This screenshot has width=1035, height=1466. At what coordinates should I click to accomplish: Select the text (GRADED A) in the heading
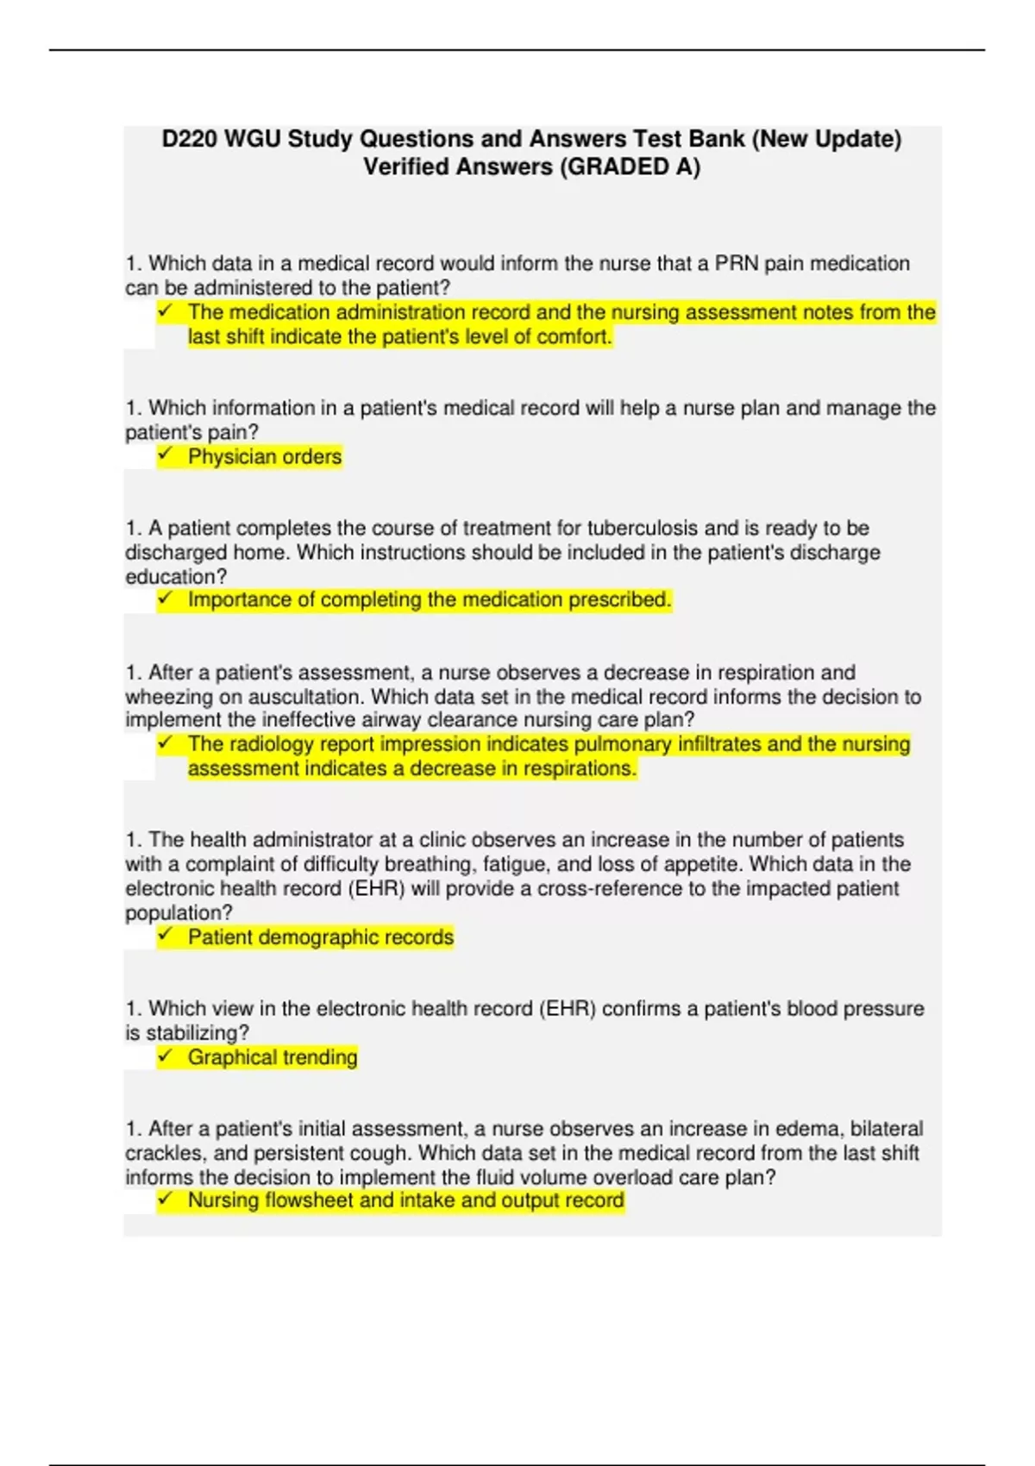630,166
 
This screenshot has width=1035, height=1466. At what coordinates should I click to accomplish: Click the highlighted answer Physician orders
265,456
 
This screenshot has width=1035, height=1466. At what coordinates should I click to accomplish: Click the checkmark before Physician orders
165,454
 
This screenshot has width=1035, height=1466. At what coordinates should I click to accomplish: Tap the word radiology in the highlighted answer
273,744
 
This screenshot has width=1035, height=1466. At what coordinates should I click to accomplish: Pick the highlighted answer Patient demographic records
320,937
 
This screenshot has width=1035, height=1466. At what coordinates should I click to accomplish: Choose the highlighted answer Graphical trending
272,1057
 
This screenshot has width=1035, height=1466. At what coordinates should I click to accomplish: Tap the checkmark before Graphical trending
165,1056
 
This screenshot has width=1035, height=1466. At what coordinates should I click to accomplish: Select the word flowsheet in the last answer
308,1200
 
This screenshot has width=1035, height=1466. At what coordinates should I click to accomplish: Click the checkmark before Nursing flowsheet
165,1199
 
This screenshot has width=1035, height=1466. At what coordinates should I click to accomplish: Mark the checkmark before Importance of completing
165,598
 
